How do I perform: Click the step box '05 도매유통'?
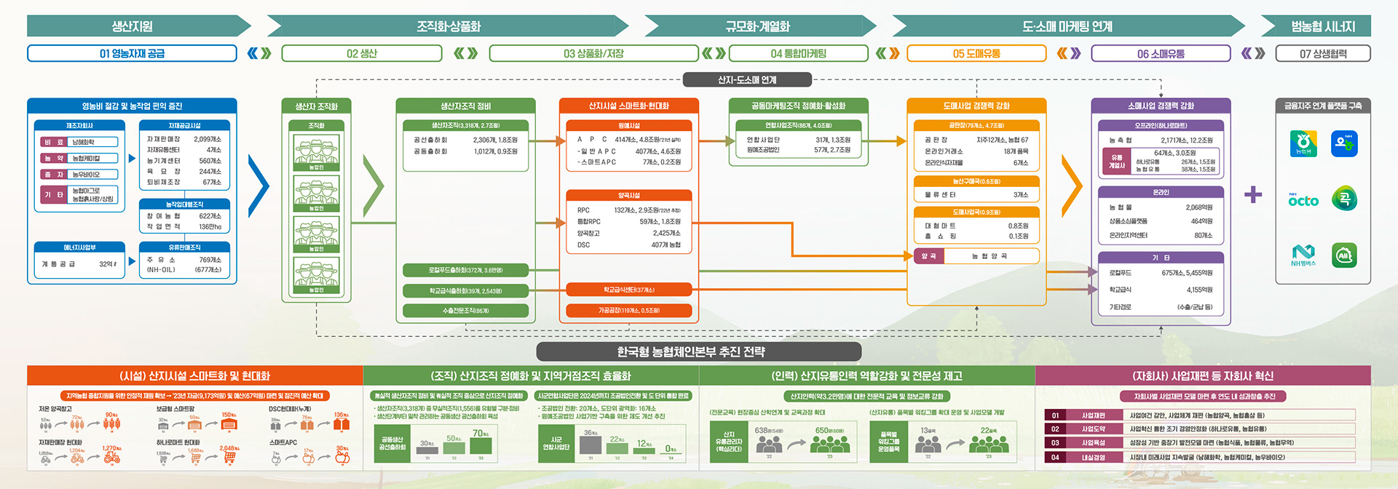976,53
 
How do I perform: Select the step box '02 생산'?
361,53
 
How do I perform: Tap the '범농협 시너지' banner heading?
1322,26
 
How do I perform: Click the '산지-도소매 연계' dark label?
747,79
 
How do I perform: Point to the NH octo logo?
1303,199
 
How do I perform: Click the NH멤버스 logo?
1303,255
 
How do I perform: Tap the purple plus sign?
1253,194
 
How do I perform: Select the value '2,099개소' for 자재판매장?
208,139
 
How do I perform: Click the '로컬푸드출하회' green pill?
465,270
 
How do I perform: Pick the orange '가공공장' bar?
628,311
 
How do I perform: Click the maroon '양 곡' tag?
928,256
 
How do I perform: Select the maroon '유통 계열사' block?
1117,162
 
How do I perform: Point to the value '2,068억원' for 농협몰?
1198,207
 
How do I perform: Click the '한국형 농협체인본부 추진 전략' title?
691,351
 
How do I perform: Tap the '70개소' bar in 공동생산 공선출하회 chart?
481,447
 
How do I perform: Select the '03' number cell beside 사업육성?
1054,442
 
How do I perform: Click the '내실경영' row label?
1093,458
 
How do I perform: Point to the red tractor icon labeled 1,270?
111,458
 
